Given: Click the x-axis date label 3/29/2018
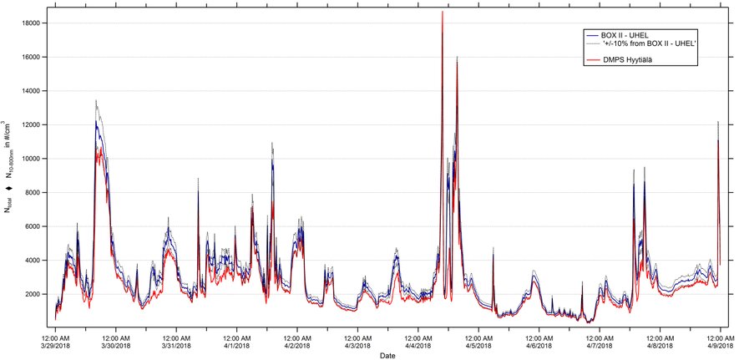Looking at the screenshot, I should point(56,345).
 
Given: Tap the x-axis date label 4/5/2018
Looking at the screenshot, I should point(478,345).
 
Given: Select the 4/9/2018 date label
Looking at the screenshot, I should point(720,345).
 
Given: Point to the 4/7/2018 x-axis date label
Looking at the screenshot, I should point(600,345).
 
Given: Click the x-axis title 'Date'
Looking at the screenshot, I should point(387,355).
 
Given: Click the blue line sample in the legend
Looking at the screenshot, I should point(595,35).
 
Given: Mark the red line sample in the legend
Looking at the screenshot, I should point(595,60).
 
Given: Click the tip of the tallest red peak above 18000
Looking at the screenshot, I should point(442,12).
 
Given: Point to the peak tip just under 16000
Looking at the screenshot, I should point(457,58).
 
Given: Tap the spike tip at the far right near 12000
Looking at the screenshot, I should point(718,123).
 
